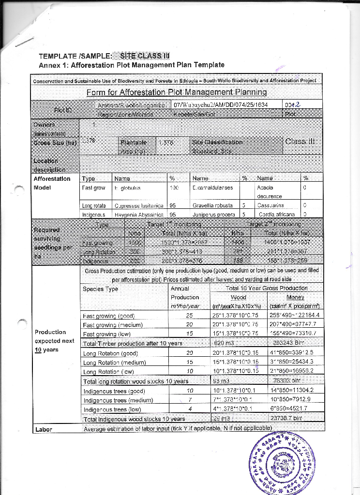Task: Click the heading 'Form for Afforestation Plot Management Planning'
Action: (177, 92)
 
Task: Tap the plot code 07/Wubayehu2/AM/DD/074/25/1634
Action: (221, 104)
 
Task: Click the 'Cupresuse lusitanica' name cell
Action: (138, 205)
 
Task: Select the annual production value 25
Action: (189, 316)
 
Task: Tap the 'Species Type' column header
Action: (101, 289)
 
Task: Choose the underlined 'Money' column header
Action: (295, 297)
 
